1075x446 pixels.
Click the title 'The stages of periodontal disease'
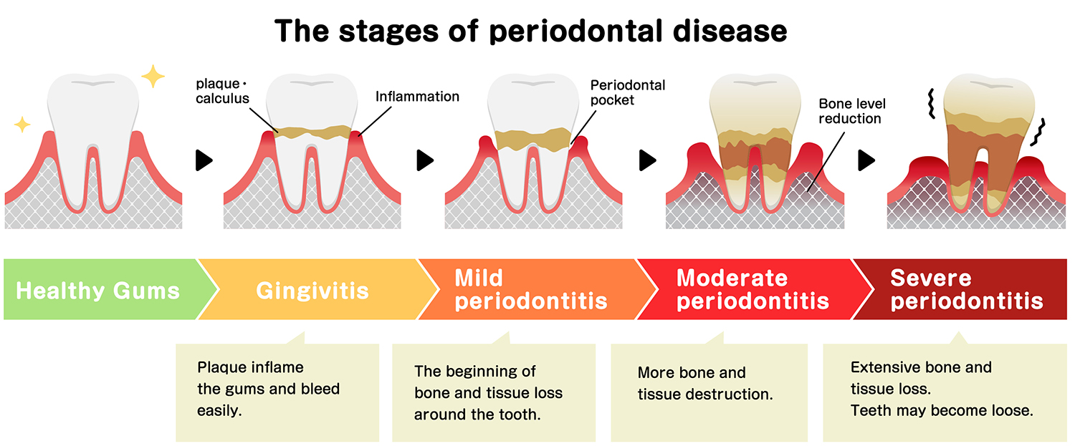pos(531,31)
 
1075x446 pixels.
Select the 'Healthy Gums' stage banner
pos(97,291)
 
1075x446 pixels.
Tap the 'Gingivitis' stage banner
pos(312,291)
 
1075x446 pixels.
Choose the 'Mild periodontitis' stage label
pos(530,290)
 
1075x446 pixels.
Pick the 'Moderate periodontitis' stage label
pos(752,290)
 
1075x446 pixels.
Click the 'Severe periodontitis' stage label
pos(966,290)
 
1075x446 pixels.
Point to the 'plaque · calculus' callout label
pos(223,91)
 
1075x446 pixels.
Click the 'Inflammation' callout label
pos(417,96)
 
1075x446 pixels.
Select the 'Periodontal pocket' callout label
pos(628,92)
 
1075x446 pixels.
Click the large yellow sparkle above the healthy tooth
pos(153,76)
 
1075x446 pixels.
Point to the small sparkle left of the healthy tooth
pos(22,125)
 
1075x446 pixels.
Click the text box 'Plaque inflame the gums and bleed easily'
pos(268,389)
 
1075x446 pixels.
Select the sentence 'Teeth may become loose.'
pos(941,412)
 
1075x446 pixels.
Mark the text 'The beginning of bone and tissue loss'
pos(487,382)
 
